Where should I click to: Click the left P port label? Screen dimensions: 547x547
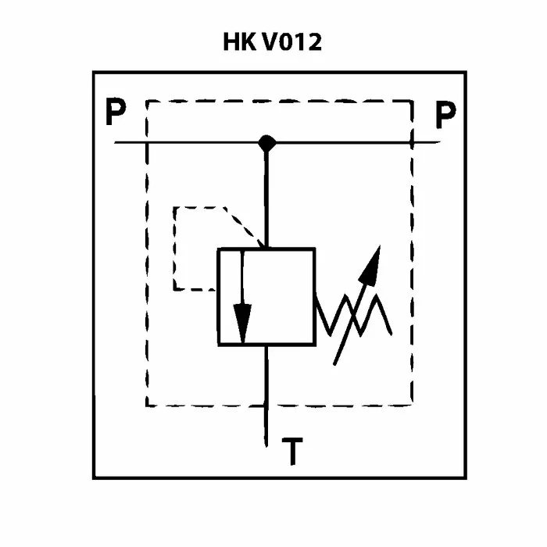(116, 115)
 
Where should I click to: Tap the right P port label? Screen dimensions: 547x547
(445, 116)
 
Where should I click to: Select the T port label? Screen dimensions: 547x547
(292, 453)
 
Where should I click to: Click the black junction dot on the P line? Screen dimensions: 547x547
(267, 142)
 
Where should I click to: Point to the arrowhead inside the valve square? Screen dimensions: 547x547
(243, 328)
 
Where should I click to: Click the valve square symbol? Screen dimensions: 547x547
(266, 296)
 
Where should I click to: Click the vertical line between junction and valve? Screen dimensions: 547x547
(267, 195)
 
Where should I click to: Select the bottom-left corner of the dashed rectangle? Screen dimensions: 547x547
(147, 405)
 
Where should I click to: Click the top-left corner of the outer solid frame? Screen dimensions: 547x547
(94, 73)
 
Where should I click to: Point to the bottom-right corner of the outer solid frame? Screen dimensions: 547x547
(465, 477)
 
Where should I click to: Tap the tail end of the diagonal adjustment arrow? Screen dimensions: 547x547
(335, 363)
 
